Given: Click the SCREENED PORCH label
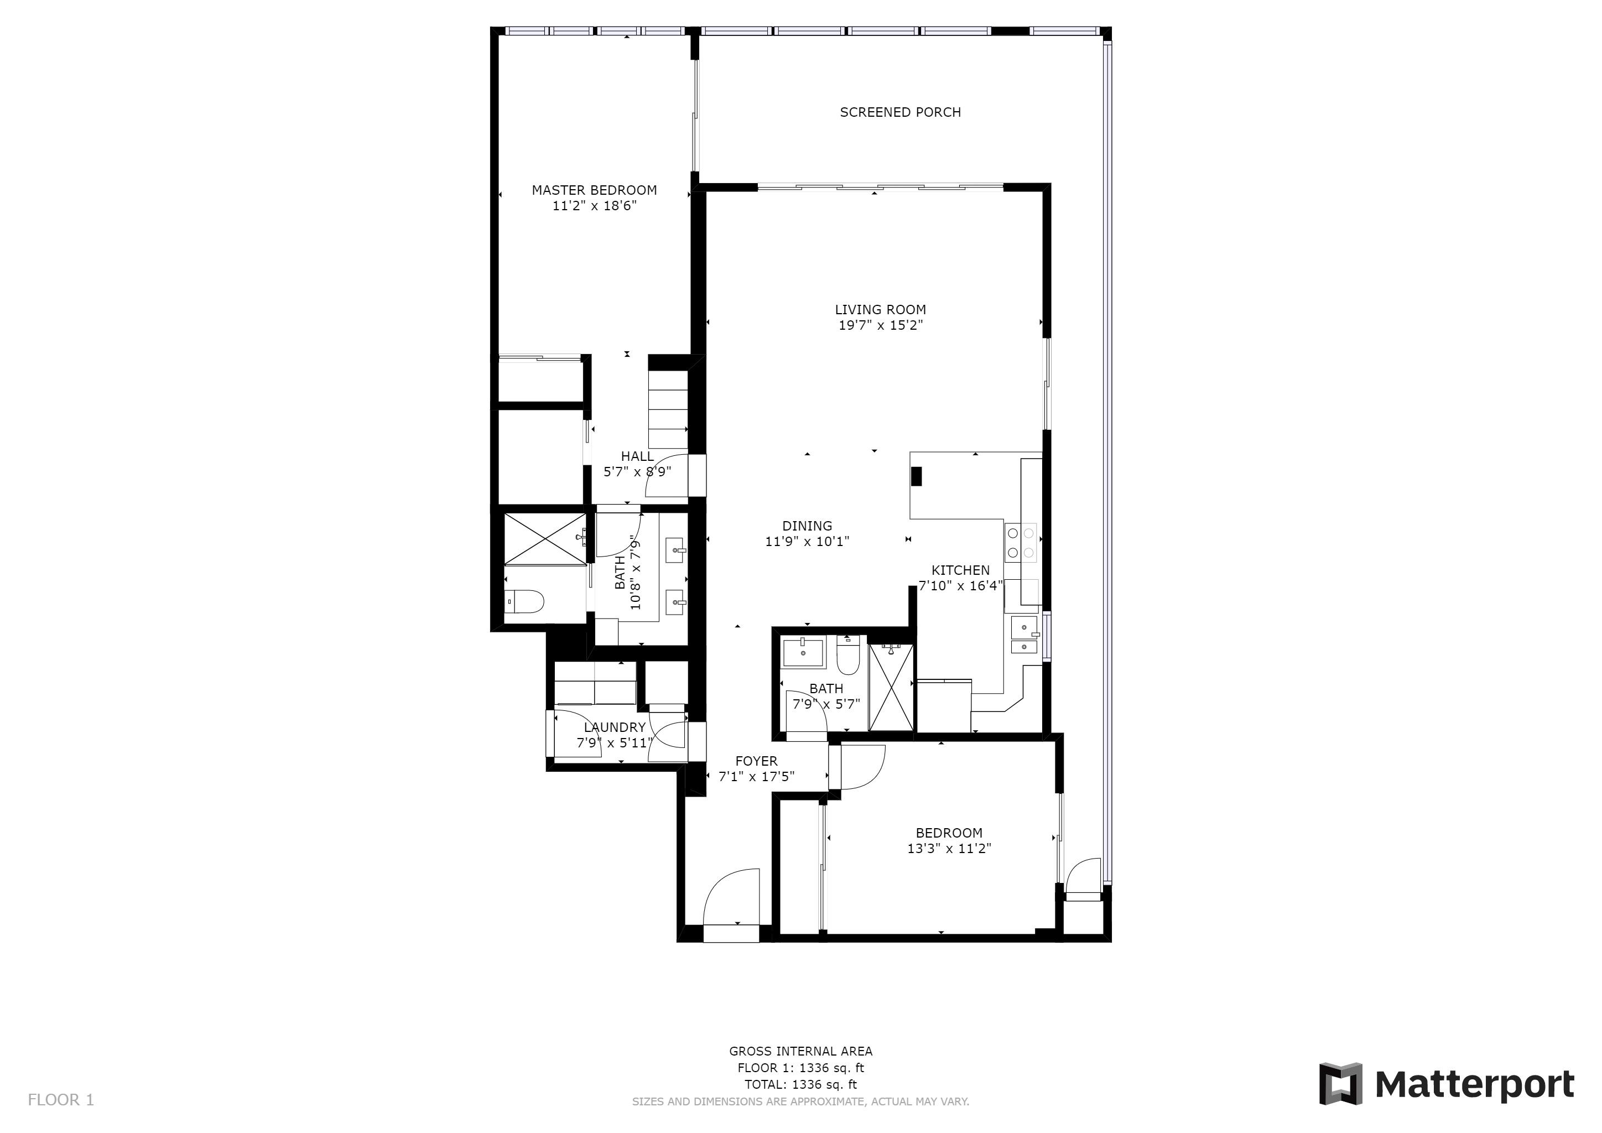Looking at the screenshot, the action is pyautogui.click(x=900, y=112).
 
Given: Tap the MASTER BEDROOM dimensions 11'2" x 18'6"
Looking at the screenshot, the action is pyautogui.click(x=595, y=206).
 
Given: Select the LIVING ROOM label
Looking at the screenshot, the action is pyautogui.click(x=881, y=310).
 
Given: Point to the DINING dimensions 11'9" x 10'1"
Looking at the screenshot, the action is pyautogui.click(x=807, y=542).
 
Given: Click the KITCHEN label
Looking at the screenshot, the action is pyautogui.click(x=960, y=570).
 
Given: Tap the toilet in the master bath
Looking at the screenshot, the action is pyautogui.click(x=523, y=601).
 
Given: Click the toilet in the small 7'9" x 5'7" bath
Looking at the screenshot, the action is pyautogui.click(x=848, y=655).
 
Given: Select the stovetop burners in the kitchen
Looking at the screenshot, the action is pyautogui.click(x=1020, y=543).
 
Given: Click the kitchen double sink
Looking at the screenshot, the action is pyautogui.click(x=1023, y=636).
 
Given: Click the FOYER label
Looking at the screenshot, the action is pyautogui.click(x=756, y=761).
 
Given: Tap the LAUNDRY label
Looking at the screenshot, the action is pyautogui.click(x=615, y=727).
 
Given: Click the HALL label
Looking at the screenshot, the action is pyautogui.click(x=638, y=456).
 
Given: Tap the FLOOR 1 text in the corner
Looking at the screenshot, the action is pyautogui.click(x=61, y=1100).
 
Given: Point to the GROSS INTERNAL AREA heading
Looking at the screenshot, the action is pyautogui.click(x=801, y=1051).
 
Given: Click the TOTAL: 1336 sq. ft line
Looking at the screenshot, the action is pyautogui.click(x=801, y=1085).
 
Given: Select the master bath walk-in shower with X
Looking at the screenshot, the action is pyautogui.click(x=545, y=539).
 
